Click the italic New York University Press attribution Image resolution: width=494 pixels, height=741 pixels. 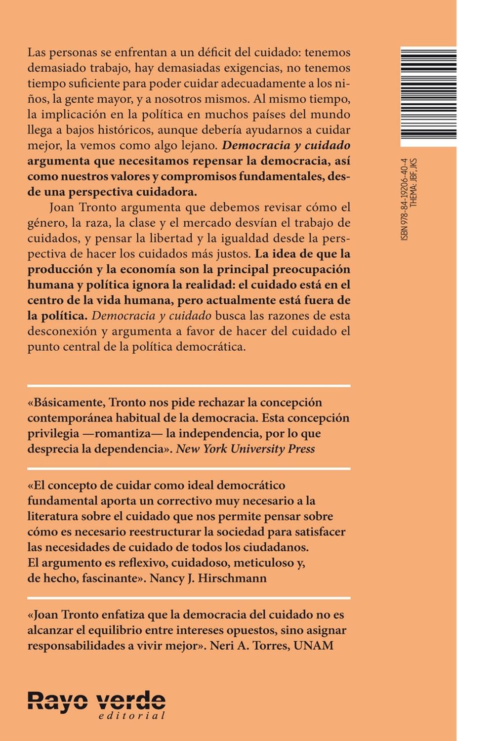tap(246, 449)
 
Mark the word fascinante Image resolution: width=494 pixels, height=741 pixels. tap(101, 578)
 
